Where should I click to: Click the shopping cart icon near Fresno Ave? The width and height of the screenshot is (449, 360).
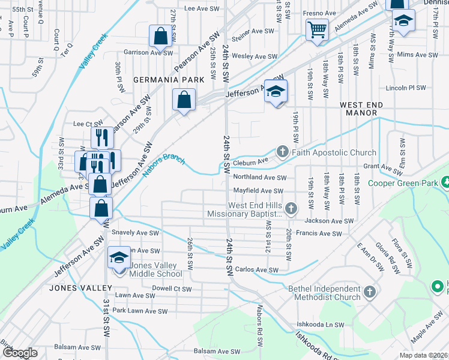coord(317,28)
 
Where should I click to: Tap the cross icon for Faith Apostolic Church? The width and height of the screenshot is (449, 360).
coord(282,152)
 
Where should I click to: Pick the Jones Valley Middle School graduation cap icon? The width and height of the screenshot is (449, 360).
coord(119,258)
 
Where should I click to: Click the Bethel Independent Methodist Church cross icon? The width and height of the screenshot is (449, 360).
coord(370,292)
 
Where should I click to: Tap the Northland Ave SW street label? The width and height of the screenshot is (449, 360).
coord(260,178)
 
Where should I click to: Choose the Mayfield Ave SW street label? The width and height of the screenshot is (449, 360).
coord(258,191)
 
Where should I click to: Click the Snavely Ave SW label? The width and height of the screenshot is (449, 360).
coord(136,233)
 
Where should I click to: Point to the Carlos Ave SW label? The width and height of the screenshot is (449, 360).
coord(256,270)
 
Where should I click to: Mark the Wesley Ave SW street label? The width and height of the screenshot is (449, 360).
coord(255,56)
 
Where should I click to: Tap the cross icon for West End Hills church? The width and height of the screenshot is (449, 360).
coord(291,208)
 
